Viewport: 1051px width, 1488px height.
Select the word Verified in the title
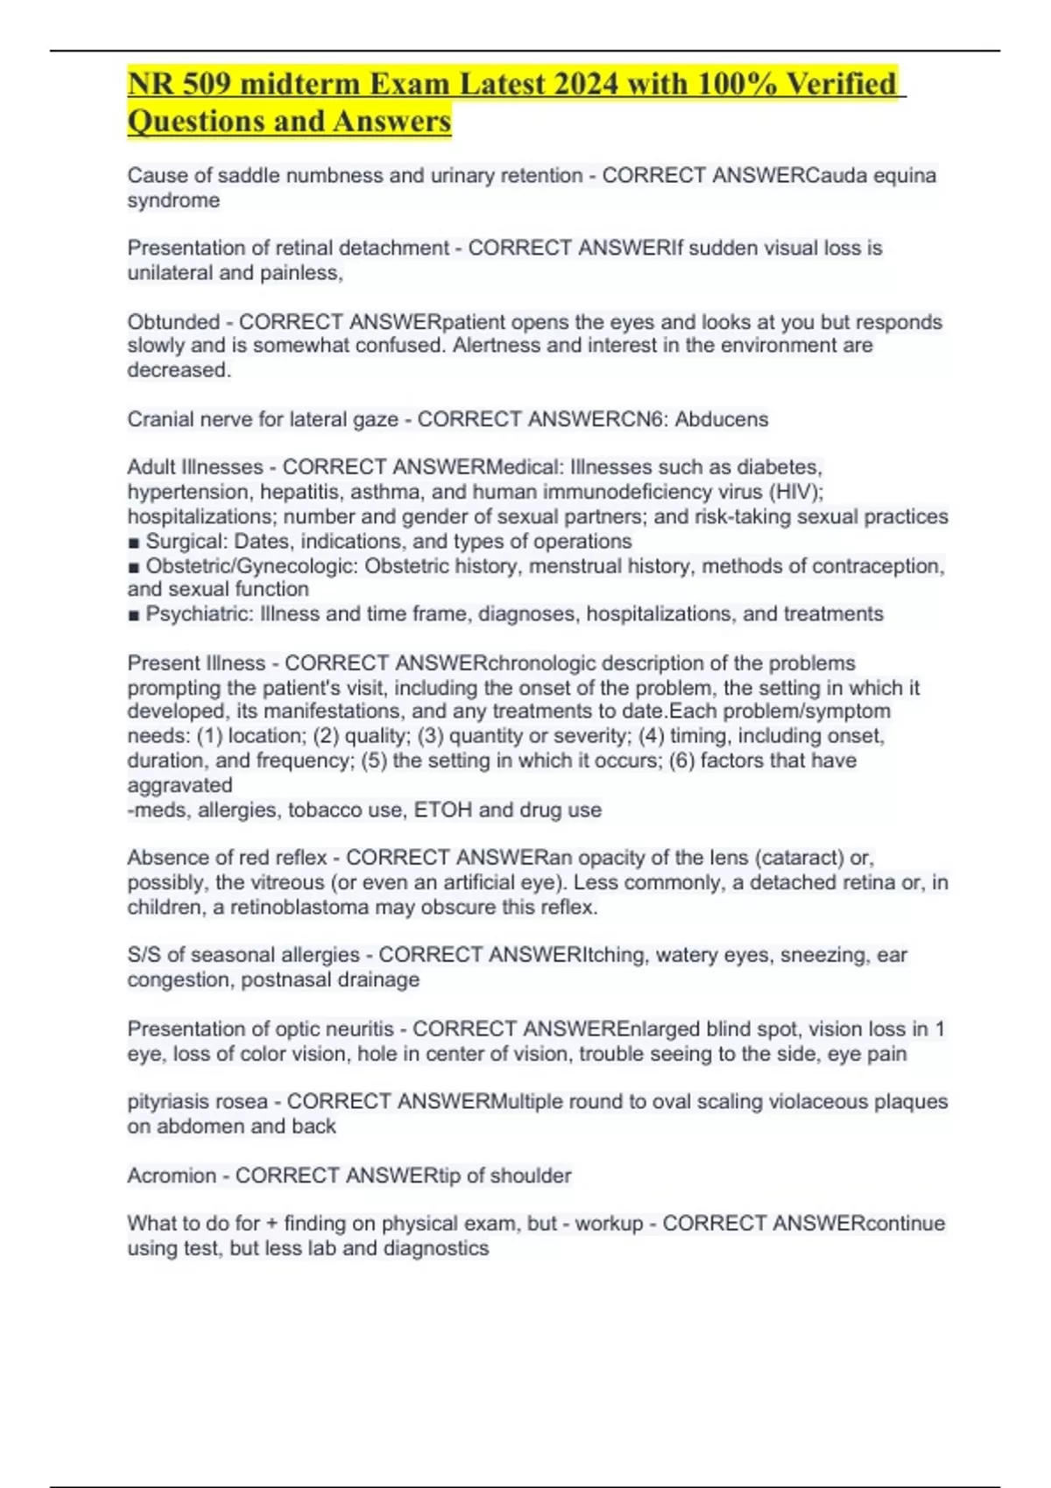tap(841, 84)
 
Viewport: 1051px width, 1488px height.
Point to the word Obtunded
tap(173, 322)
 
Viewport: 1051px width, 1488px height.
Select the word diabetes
tap(779, 467)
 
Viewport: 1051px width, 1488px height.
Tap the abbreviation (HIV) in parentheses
tap(794, 492)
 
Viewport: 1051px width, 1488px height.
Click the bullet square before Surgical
tap(133, 543)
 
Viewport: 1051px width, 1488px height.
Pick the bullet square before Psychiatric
tap(133, 615)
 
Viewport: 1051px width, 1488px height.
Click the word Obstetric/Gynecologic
tap(251, 566)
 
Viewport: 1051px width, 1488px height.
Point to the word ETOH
tap(443, 811)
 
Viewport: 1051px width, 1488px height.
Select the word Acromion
tap(171, 1176)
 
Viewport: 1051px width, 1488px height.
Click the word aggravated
tap(180, 785)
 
